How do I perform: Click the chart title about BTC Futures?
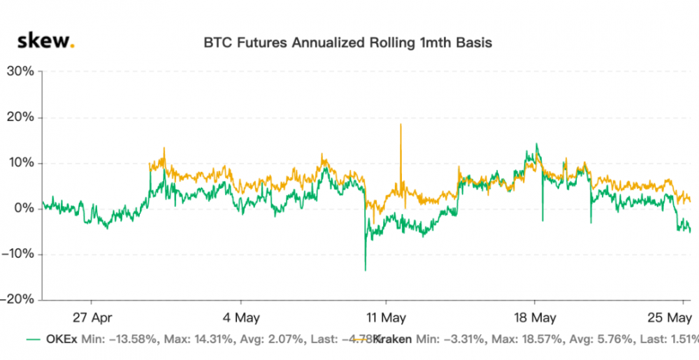(x=347, y=43)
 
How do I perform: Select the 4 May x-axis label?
(x=240, y=317)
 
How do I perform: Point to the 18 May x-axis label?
(x=535, y=317)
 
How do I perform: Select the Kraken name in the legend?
(x=393, y=340)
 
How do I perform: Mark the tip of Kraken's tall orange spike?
(x=401, y=124)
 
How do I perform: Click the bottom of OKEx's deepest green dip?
(x=365, y=271)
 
